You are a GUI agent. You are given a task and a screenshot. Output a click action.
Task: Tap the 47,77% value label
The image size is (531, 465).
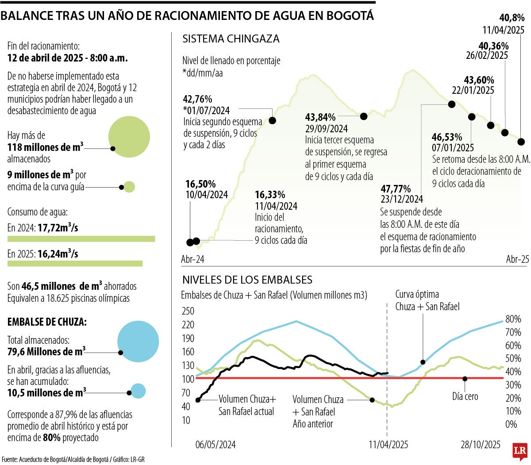[396, 189]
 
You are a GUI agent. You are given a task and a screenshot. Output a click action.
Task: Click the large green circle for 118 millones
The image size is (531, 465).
[129, 137]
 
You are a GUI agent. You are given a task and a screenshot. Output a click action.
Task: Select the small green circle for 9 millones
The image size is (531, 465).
[129, 187]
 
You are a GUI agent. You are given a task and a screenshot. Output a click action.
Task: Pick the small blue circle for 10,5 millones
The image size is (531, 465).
[139, 391]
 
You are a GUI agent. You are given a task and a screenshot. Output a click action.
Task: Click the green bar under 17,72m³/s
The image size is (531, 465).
[81, 239]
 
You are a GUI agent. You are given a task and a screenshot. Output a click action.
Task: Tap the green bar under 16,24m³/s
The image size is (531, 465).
[75, 264]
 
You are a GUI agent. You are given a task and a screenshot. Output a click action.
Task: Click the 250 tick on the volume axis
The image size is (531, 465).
[188, 311]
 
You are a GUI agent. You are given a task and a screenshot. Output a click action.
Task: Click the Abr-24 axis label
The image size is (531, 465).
[193, 259]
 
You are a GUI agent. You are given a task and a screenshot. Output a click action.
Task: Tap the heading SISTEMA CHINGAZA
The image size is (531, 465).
[231, 39]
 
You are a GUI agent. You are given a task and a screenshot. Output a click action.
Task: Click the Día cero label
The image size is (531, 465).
[465, 396]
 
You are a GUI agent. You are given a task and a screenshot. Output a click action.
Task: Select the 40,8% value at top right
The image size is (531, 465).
[512, 19]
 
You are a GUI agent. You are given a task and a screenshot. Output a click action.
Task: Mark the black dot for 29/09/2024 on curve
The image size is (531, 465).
[364, 116]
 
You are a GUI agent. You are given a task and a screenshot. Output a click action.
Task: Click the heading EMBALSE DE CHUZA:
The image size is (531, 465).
[47, 322]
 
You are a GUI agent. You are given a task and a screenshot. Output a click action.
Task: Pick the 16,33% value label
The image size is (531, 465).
[269, 195]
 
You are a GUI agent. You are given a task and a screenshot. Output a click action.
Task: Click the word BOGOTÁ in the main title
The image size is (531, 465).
[350, 16]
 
